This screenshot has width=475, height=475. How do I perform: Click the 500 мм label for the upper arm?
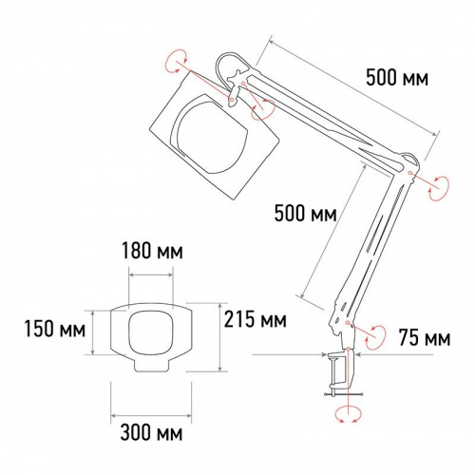[x=397, y=78]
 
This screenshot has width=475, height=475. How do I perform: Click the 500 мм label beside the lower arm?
[x=305, y=213]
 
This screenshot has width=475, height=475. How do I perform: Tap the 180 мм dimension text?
[x=152, y=251]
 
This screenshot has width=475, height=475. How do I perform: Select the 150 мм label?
[x=55, y=329]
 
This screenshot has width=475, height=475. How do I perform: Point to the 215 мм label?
[x=256, y=319]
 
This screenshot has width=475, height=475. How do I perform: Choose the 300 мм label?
[x=151, y=432]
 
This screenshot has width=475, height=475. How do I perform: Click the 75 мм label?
[x=425, y=337]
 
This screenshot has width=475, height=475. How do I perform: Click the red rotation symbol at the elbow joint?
[x=439, y=188]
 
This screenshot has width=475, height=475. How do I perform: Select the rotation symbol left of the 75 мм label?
[x=375, y=337]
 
